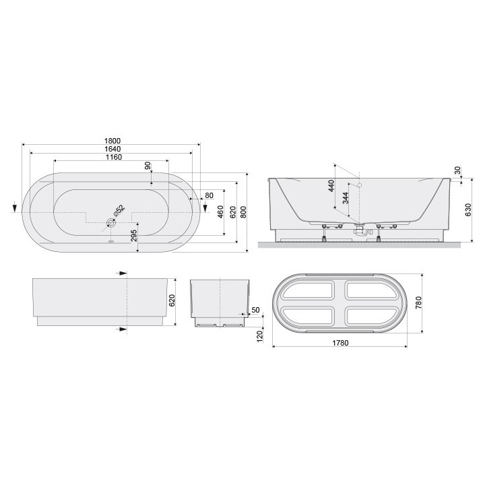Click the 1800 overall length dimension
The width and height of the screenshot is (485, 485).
[112, 140]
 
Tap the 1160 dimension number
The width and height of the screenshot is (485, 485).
[112, 157]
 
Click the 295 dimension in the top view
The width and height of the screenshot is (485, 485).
[134, 236]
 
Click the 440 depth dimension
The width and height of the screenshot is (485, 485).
[331, 185]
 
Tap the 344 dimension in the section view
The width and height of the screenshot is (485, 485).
[346, 200]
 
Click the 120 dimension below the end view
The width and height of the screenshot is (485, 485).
[259, 337]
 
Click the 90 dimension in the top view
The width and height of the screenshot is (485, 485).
[148, 166]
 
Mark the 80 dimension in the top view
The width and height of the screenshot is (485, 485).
[208, 195]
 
